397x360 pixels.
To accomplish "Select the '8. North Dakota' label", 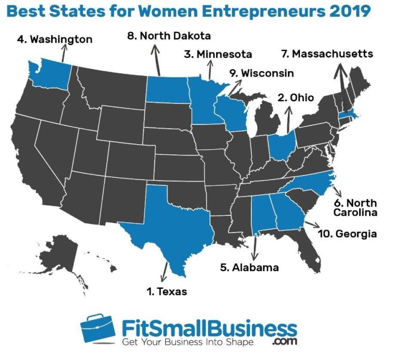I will pyautogui.click(x=169, y=36).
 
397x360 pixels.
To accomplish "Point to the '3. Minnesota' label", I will pyautogui.click(x=218, y=54).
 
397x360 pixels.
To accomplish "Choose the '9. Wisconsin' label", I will pyautogui.click(x=262, y=73).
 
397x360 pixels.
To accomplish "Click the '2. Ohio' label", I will pyautogui.click(x=296, y=98).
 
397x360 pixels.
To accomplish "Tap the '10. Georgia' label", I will pyautogui.click(x=347, y=234).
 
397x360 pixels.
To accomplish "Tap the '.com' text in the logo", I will pyautogui.click(x=282, y=342).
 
